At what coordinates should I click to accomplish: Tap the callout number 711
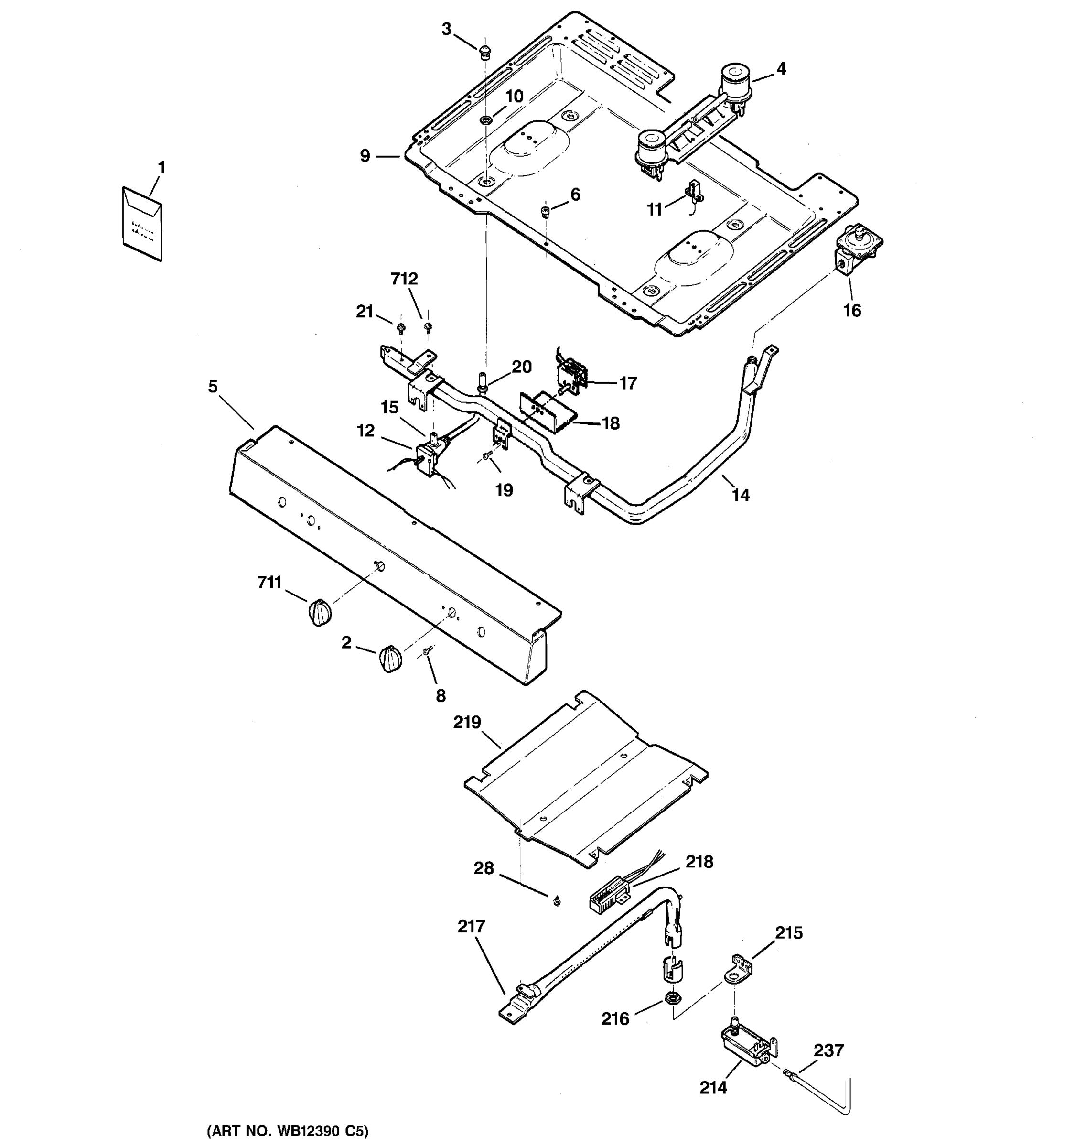pos(269,583)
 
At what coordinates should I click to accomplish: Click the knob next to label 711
pos(320,612)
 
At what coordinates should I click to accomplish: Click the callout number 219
pos(467,722)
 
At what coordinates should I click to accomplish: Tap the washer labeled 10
pos(485,120)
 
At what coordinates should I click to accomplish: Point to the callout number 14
pos(741,495)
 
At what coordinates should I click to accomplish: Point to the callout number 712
pos(404,279)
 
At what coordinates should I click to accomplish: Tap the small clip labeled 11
pos(693,193)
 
